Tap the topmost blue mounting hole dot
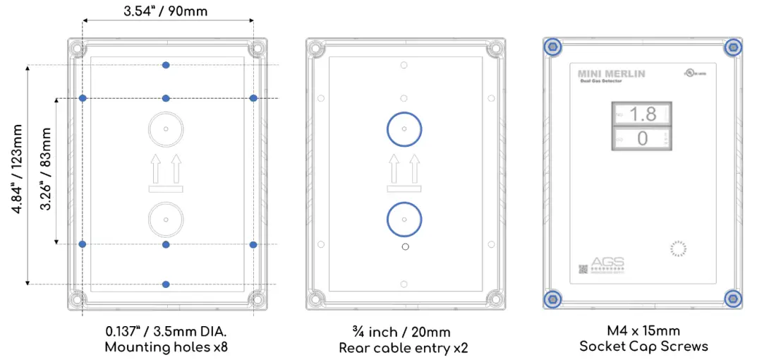click(166, 65)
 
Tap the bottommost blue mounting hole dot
click(166, 284)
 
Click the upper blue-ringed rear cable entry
click(404, 130)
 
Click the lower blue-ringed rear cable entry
click(404, 219)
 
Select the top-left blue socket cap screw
click(552, 47)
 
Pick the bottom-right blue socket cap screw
click(733, 299)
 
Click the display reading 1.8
click(641, 114)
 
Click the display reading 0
click(641, 138)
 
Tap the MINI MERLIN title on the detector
click(611, 73)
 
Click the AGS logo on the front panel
click(607, 262)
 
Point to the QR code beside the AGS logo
click(583, 268)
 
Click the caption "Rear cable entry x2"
click(404, 347)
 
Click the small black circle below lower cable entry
click(404, 246)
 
